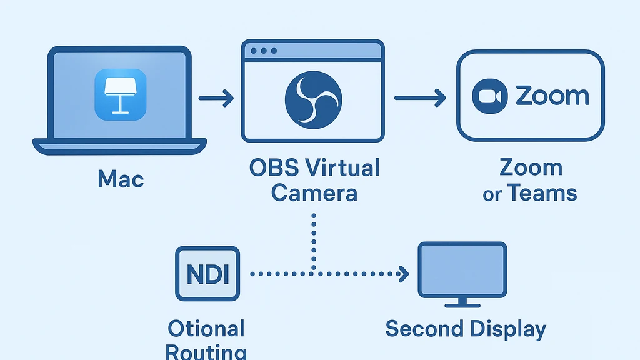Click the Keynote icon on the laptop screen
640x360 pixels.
(121, 94)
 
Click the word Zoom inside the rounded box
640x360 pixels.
(552, 96)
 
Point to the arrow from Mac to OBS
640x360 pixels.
(216, 97)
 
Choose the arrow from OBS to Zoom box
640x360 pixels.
(419, 97)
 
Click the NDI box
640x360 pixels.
(207, 274)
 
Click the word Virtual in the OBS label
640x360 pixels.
(344, 168)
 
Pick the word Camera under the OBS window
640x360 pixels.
(314, 192)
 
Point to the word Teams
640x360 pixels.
(541, 192)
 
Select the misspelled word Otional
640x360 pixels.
(206, 328)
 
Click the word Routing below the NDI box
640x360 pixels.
(206, 351)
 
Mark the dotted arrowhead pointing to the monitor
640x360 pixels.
(404, 274)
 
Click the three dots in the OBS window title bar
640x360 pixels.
(263, 51)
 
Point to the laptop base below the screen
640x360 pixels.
(119, 146)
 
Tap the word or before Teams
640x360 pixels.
(492, 194)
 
